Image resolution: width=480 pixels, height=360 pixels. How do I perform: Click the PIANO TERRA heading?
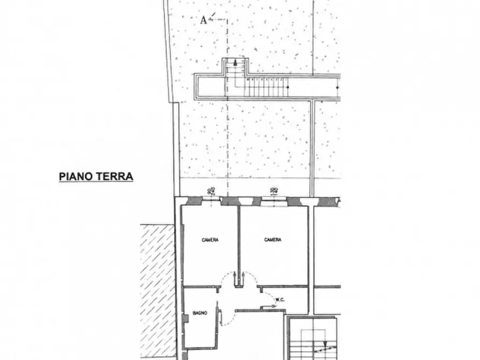point(96,176)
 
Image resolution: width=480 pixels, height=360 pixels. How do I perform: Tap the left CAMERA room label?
point(210,240)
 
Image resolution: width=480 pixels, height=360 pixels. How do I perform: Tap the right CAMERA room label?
point(273,240)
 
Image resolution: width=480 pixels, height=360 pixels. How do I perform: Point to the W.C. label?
point(280,300)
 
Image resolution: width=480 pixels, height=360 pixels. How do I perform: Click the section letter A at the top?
point(203,20)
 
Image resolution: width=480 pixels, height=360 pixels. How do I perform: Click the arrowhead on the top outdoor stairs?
point(235,63)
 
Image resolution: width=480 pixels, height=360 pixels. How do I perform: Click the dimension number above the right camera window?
point(273,190)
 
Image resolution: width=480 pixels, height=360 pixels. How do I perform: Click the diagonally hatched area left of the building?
point(157,290)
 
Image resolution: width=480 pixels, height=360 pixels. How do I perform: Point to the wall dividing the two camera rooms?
point(238,242)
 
